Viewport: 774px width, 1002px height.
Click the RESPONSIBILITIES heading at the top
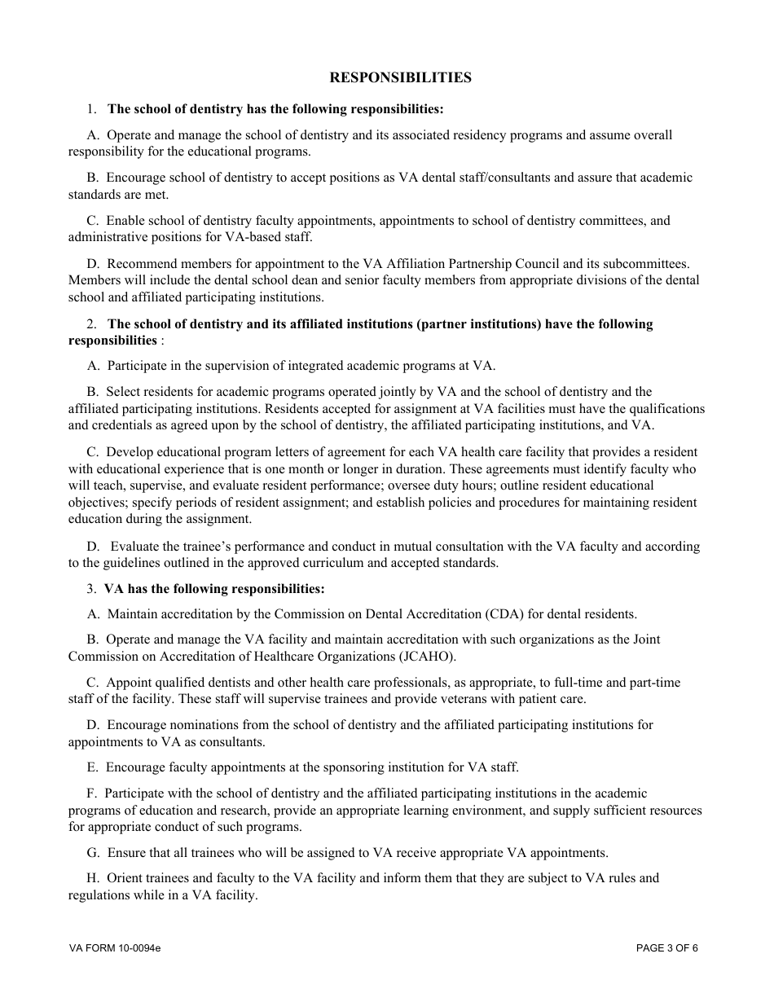coord(400,77)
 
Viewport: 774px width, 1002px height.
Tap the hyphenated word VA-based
coord(241,237)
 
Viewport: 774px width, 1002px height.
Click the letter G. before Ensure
coord(93,853)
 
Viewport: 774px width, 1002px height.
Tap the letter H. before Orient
coord(93,878)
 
